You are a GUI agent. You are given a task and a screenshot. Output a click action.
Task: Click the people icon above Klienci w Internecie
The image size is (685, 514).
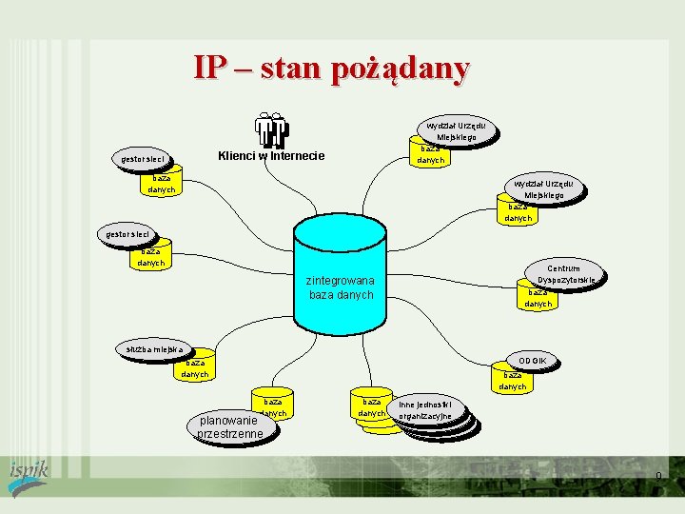pos(271,131)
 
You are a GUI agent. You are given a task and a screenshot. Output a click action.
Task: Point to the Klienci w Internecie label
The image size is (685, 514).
pos(271,156)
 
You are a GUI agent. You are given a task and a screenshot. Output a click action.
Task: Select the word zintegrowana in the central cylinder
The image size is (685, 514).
pos(341,281)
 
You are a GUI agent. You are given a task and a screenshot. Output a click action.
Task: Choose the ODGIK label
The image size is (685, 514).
pos(533,361)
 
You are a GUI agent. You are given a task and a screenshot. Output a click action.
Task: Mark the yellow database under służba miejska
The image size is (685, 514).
pos(194,368)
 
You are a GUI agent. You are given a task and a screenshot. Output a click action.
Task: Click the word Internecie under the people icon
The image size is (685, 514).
pos(296,156)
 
